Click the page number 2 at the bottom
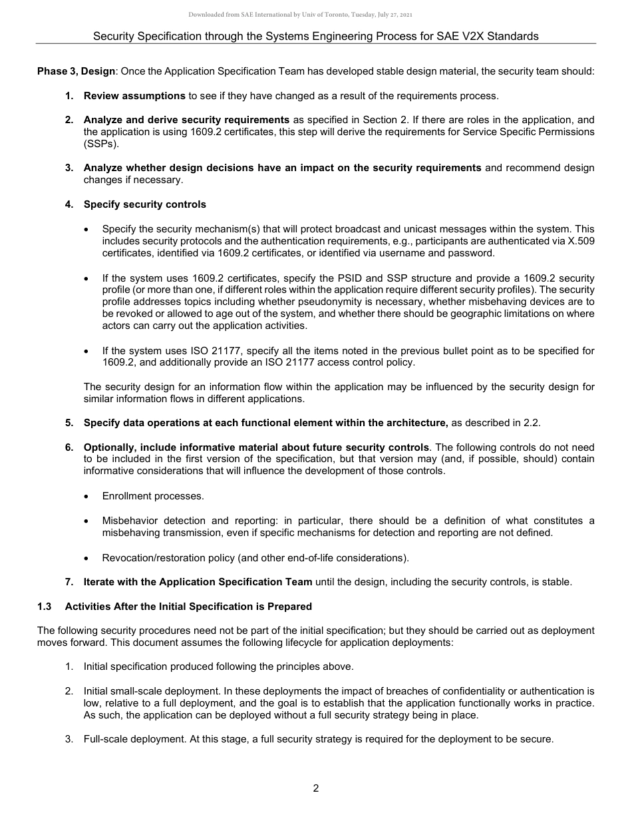pos(316,788)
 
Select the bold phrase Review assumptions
pos(134,96)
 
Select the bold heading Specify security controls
pos(144,204)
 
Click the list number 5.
pos(69,423)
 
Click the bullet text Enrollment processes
pos(153,496)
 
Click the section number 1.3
pos(45,607)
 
